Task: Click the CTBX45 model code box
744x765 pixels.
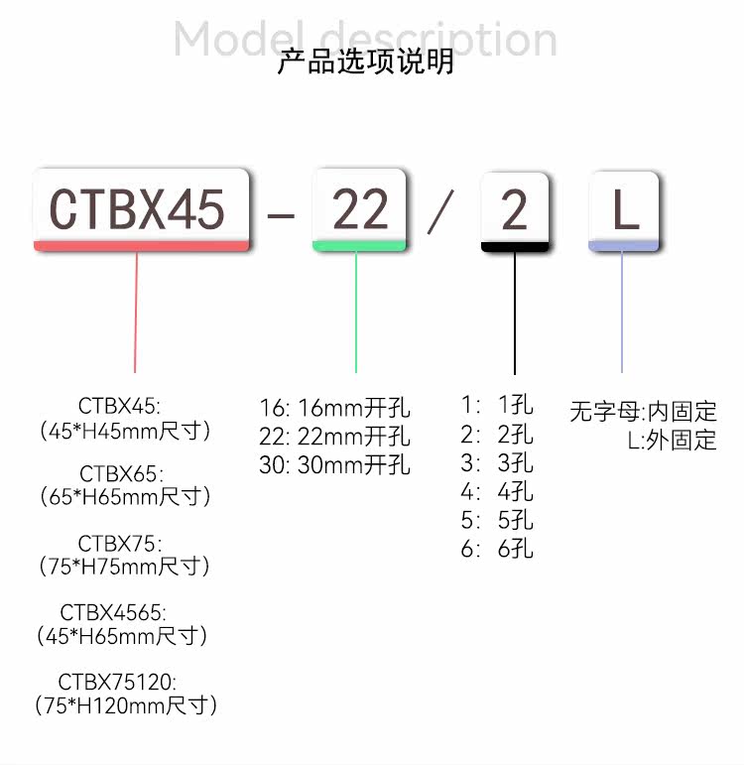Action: [x=139, y=209]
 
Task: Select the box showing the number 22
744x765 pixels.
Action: [x=359, y=209]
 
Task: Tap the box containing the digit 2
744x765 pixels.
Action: [x=514, y=211]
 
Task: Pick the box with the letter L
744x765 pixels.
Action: [x=623, y=211]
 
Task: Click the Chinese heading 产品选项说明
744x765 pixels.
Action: [x=365, y=62]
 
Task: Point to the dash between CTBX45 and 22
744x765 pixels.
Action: [x=282, y=214]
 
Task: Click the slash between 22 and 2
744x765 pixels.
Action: [x=440, y=212]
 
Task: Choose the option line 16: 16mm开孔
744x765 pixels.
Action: [x=334, y=408]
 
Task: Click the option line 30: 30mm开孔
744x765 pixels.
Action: [x=334, y=465]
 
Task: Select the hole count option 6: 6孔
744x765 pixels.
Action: [x=497, y=549]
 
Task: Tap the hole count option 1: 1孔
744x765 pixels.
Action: [x=497, y=405]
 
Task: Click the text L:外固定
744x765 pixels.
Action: [x=672, y=441]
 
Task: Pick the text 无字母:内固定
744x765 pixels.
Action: [x=643, y=411]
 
